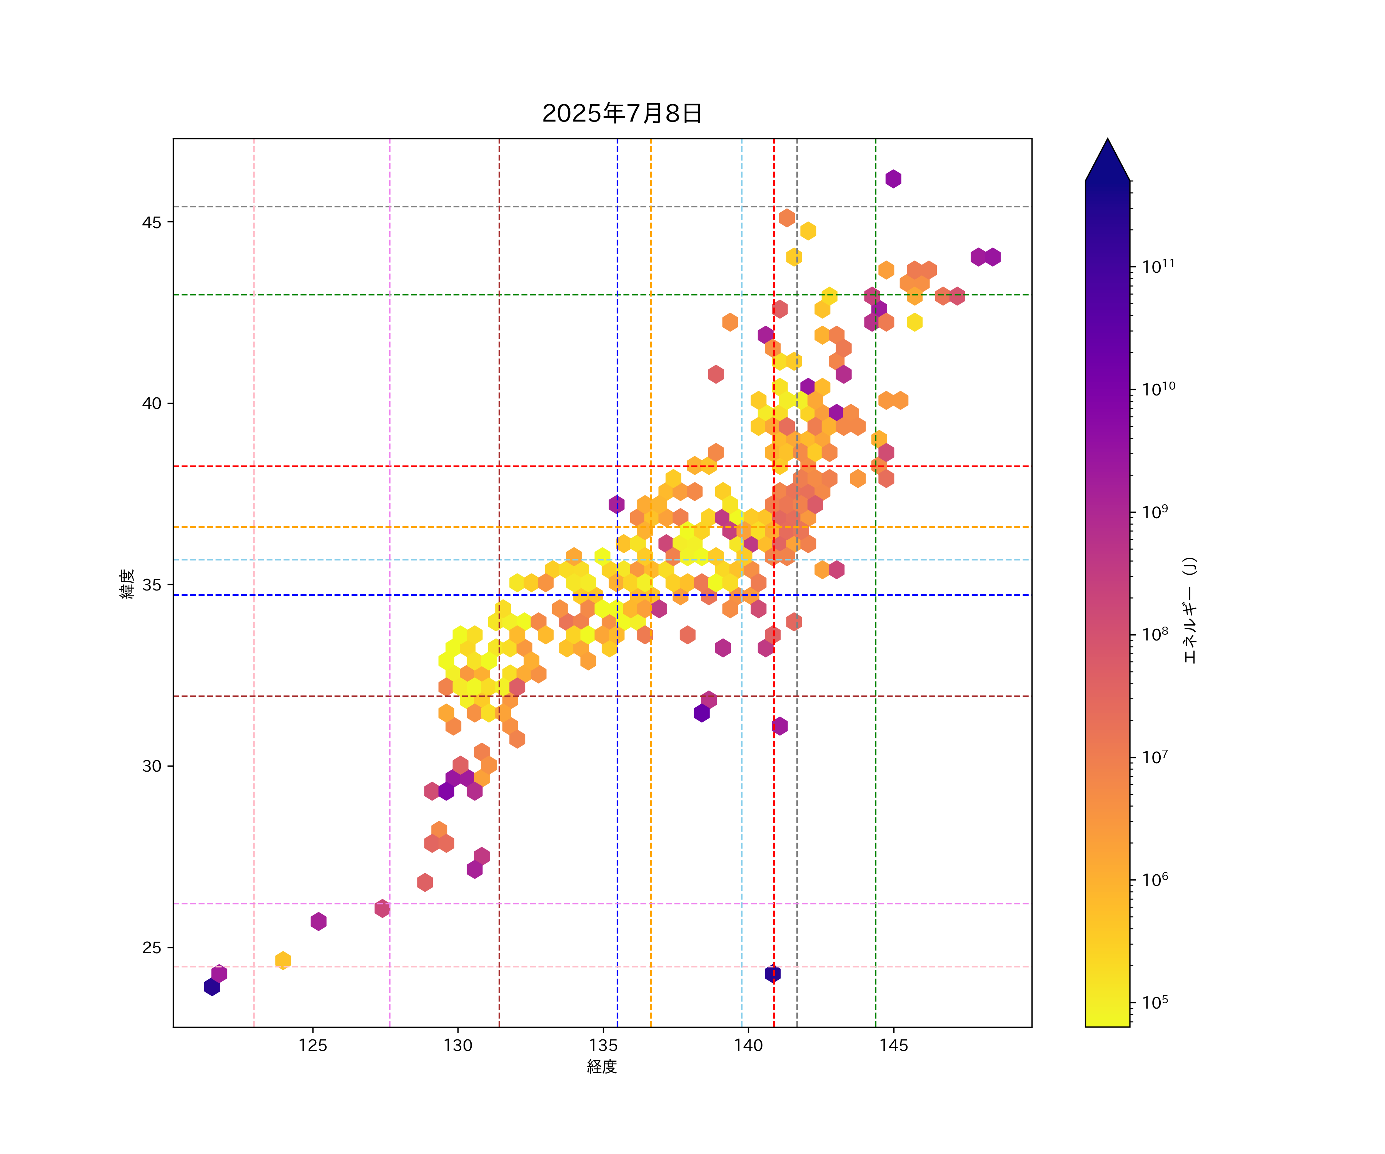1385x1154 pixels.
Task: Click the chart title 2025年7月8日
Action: [x=622, y=113]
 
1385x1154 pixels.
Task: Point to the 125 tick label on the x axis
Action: [x=313, y=1045]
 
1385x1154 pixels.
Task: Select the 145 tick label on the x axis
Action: [x=894, y=1045]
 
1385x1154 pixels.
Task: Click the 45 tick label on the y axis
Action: [x=152, y=222]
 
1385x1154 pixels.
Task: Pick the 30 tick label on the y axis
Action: [x=152, y=766]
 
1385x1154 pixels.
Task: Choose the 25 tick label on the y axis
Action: [x=152, y=947]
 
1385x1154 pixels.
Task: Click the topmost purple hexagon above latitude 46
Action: [x=893, y=179]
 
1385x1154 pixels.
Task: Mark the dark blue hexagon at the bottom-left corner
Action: [x=212, y=987]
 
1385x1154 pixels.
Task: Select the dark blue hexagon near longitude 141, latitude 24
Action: [x=772, y=973]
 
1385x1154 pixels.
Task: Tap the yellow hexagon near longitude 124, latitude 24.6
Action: [x=283, y=960]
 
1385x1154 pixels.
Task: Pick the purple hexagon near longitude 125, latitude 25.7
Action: [x=319, y=921]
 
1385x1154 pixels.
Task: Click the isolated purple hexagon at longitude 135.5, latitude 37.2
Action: [x=617, y=504]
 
